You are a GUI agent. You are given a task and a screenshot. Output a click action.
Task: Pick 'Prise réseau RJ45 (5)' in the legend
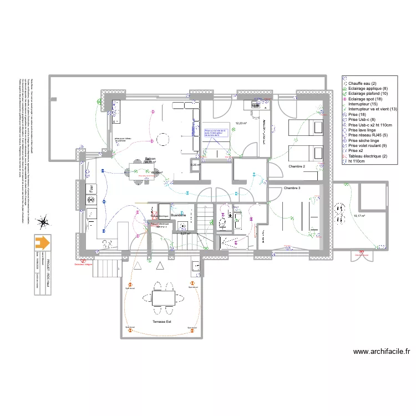pos(368,135)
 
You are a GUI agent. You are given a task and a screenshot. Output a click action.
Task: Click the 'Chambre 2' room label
pos(297,166)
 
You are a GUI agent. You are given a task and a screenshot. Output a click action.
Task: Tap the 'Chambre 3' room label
pos(292,189)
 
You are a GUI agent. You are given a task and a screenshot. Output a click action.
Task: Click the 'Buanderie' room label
pos(178,214)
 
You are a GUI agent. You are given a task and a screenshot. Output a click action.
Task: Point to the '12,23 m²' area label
pos(241,123)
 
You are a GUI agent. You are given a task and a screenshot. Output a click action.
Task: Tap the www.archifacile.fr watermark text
pos(381,351)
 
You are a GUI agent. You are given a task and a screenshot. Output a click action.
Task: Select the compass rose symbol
pos(42,223)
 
